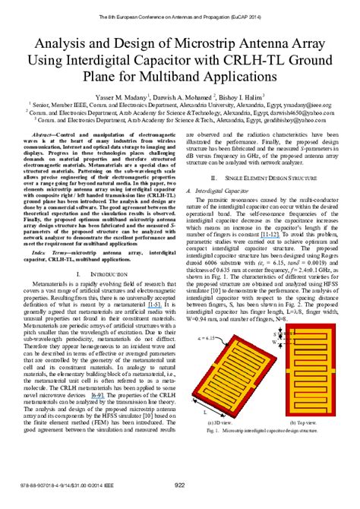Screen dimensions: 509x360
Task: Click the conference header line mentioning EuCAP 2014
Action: coord(180,8)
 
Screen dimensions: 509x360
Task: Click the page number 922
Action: coord(180,485)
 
